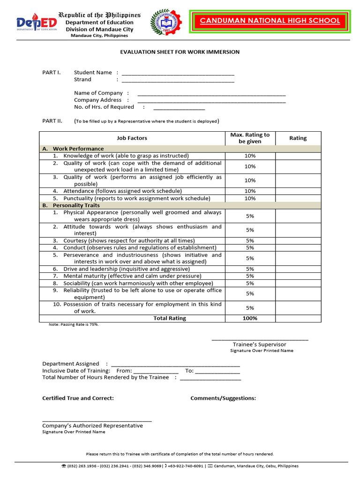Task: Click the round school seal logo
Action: (x=167, y=22)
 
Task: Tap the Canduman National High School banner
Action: (x=270, y=21)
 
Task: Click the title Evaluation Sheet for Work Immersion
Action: (x=180, y=52)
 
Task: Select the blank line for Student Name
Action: (x=178, y=74)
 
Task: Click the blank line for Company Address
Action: (x=211, y=101)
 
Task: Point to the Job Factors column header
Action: (x=132, y=138)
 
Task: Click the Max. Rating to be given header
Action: (x=250, y=138)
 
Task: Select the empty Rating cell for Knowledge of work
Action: (x=298, y=156)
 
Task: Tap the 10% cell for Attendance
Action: (x=250, y=191)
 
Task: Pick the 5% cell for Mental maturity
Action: (x=250, y=276)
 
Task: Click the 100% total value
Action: (x=250, y=318)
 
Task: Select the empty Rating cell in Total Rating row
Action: (x=298, y=318)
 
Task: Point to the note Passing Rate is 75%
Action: (x=74, y=324)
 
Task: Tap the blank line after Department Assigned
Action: (x=175, y=364)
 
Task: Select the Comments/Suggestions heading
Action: (x=223, y=398)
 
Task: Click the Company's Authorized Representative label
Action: (x=92, y=426)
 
